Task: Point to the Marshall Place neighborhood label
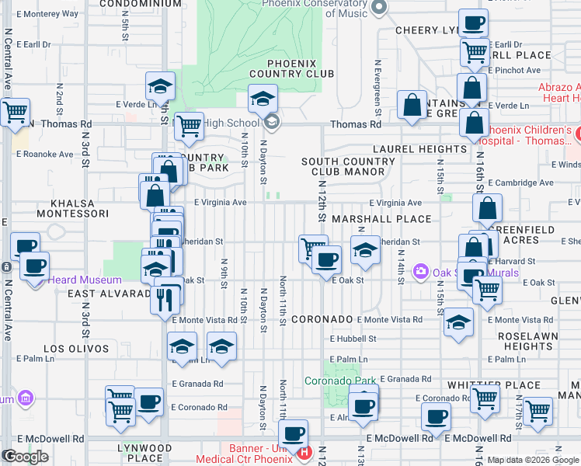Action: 381,220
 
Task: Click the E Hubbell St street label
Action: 353,339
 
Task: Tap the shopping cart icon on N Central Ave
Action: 14,113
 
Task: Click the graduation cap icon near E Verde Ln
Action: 160,87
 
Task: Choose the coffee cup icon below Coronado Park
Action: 362,405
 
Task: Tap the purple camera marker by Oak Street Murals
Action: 421,271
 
